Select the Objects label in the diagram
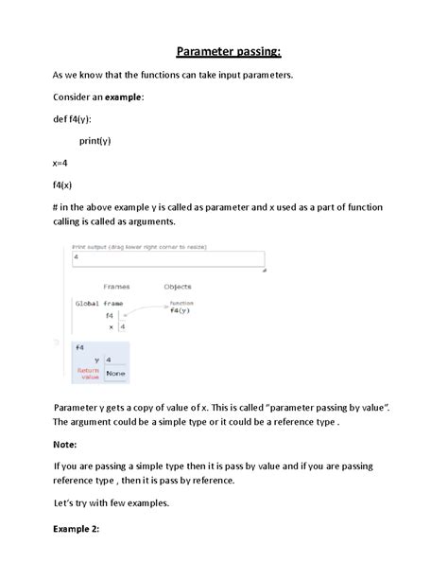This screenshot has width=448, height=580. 177,287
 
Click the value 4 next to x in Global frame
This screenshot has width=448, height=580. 123,326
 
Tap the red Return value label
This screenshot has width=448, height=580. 88,373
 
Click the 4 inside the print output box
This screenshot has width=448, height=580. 76,257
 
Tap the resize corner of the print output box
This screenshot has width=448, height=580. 264,270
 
